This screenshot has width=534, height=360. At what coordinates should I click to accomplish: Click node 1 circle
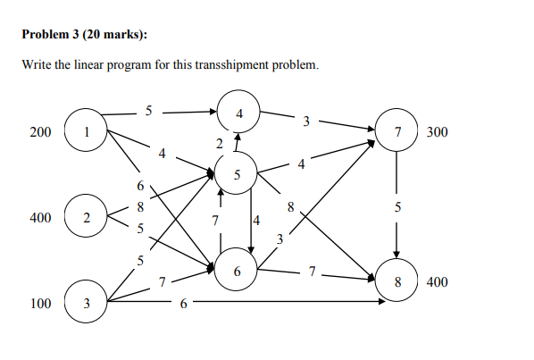click(86, 133)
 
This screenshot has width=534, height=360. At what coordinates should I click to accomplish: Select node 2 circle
click(86, 218)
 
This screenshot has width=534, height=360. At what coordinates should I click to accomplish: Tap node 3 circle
click(86, 304)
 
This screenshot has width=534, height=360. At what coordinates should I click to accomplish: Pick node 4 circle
click(238, 113)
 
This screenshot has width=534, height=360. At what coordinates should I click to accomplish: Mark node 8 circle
click(397, 282)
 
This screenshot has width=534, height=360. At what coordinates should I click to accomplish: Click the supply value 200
click(40, 133)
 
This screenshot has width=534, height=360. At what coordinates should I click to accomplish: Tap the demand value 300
click(438, 133)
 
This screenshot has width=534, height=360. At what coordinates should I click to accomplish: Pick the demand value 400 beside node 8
click(438, 282)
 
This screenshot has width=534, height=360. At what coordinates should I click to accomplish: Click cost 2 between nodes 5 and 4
click(219, 143)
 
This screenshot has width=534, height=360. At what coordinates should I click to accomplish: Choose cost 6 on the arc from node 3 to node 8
click(183, 305)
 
